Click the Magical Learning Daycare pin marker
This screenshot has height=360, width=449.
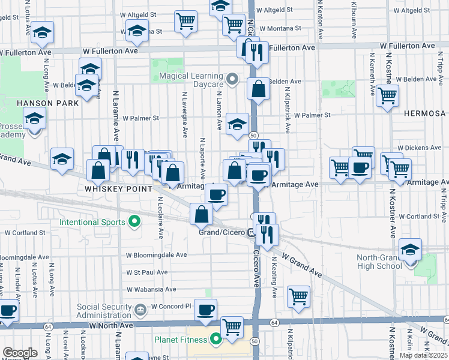pos(234,79)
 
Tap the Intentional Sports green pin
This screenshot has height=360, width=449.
pos(134,222)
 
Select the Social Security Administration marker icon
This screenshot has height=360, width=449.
pos(140,310)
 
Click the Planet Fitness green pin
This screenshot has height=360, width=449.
pos(215,340)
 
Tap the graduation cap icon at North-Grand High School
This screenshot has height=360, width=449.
pos(411,249)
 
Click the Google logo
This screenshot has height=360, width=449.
pos(19,353)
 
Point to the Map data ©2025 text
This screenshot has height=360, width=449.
pos(424,355)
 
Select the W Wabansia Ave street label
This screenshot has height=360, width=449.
pos(151,289)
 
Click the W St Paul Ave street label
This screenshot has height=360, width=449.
pos(147,272)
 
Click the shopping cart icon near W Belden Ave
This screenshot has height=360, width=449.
pos(388,95)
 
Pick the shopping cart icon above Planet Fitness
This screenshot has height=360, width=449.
pos(232,327)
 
